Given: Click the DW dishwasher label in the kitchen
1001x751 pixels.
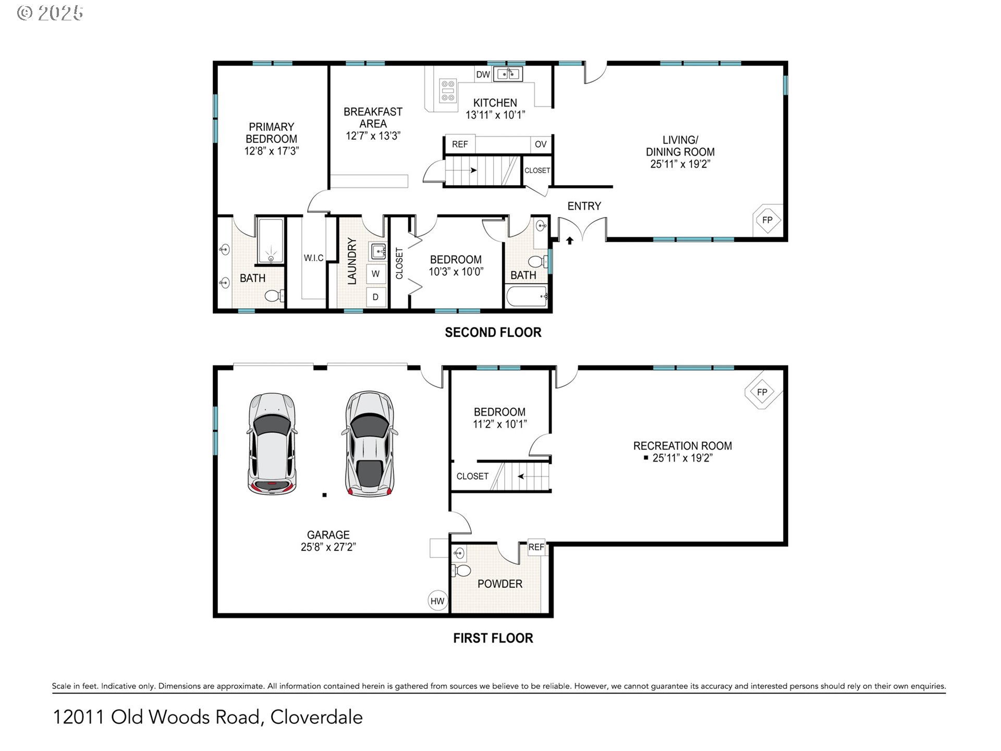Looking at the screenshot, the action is [483, 75].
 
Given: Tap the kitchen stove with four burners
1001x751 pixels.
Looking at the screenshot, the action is [448, 91].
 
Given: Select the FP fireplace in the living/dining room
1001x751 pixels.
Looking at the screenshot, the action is [767, 220].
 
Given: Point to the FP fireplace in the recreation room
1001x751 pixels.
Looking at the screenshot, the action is [763, 392].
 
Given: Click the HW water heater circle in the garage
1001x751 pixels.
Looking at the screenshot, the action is [437, 601].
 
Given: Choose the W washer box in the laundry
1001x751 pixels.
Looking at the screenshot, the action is [375, 274].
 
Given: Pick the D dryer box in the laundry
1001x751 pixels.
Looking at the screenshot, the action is [375, 297].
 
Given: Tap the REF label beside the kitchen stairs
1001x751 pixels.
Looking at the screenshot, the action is [460, 144].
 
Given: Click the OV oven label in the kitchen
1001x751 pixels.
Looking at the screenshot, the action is [541, 144].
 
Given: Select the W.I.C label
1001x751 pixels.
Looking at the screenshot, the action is [313, 258].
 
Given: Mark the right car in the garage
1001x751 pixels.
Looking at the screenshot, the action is [370, 444].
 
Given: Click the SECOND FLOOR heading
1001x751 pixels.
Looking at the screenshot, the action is [493, 333].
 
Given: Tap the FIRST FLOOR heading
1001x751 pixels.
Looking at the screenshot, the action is [493, 638].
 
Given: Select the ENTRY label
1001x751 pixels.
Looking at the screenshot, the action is [584, 206].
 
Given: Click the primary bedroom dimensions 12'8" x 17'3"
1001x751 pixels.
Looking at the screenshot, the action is [271, 151].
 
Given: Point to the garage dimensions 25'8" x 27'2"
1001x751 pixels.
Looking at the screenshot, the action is [328, 547].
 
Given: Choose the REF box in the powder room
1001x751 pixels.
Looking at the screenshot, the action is [536, 547].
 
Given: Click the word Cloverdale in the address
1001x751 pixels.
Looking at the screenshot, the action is [316, 717].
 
